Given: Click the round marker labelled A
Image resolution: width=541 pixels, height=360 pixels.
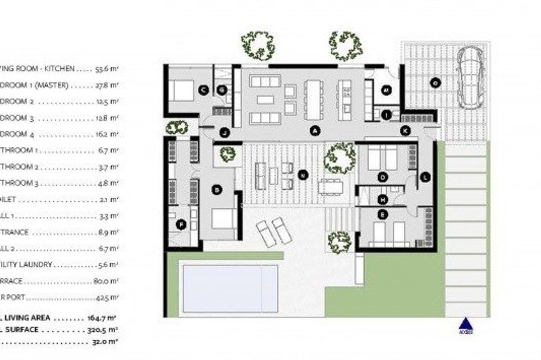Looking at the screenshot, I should (315, 131).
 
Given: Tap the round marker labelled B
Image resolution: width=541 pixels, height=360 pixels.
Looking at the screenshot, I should (217, 190).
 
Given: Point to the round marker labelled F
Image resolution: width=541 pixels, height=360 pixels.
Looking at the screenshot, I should (181, 224).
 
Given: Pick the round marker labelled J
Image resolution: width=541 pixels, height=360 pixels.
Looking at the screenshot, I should (224, 132).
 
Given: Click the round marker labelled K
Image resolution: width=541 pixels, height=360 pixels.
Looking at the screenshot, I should (406, 131).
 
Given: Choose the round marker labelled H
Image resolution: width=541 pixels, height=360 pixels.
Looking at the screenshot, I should (383, 199).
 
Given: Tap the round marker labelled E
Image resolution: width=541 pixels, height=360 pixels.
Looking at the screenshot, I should (383, 215).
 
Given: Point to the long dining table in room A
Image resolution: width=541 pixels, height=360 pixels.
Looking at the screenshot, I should (312, 100).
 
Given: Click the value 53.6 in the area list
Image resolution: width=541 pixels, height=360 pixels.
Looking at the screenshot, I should (105, 69).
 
